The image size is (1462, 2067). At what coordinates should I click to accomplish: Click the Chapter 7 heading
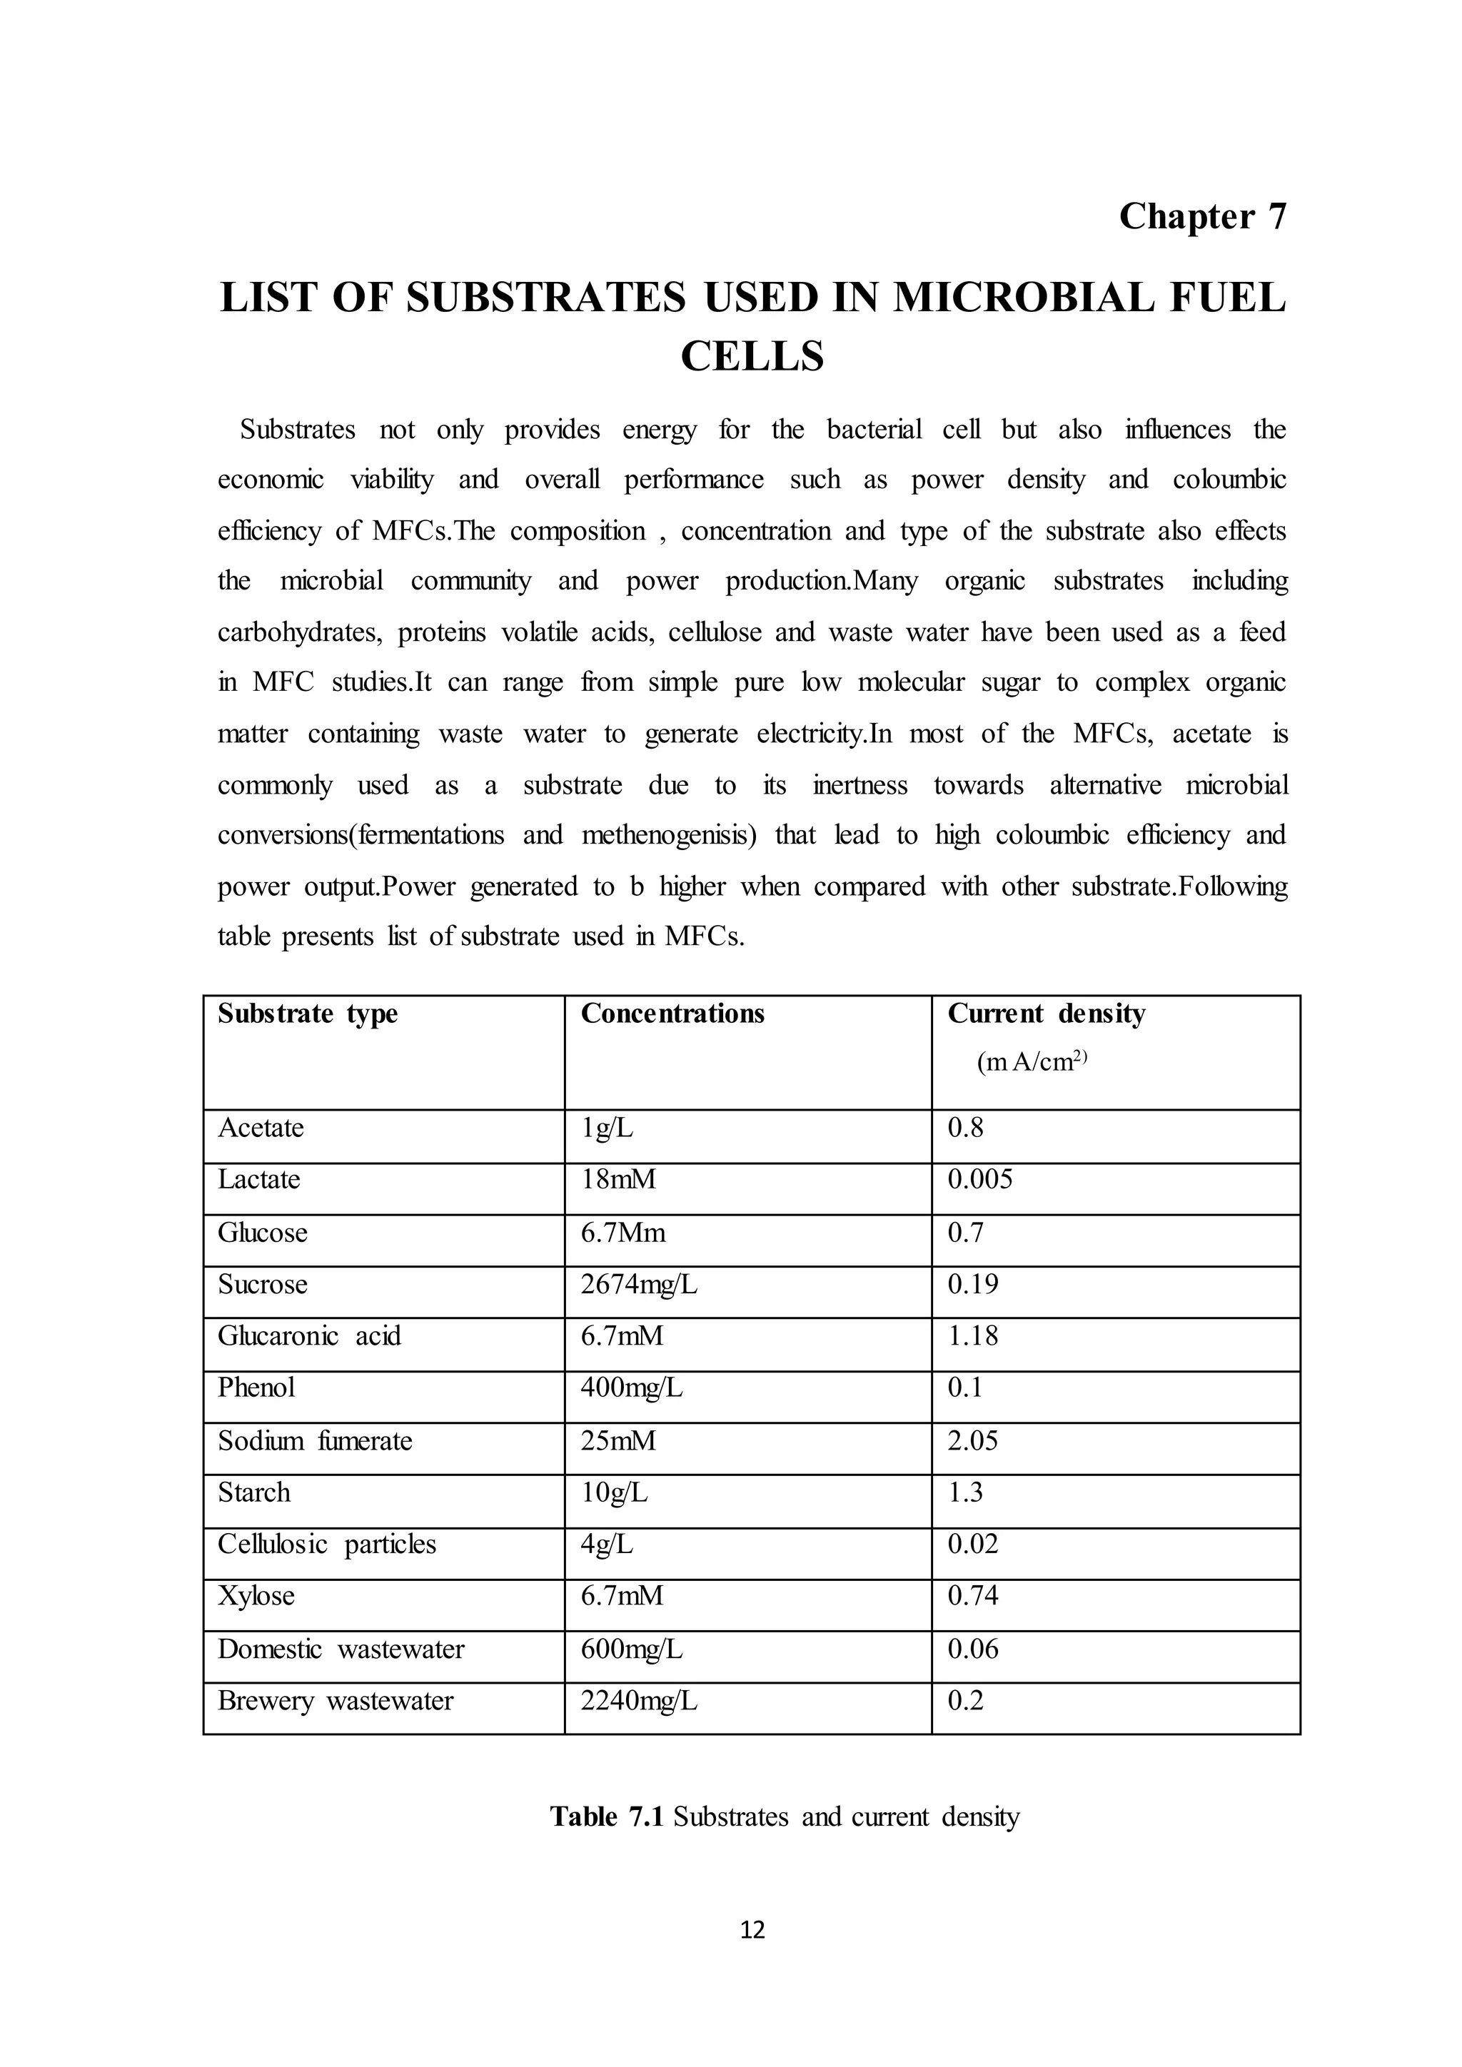click(x=1202, y=217)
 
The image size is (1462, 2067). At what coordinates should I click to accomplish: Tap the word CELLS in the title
click(x=752, y=356)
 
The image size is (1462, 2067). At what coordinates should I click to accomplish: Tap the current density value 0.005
click(x=979, y=1179)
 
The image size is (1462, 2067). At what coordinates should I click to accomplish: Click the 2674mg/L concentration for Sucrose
click(x=638, y=1285)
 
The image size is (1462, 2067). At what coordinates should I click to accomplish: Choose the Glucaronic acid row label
click(x=309, y=1336)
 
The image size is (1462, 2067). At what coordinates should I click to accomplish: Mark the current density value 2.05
click(x=972, y=1441)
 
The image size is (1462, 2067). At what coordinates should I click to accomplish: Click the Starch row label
click(x=254, y=1492)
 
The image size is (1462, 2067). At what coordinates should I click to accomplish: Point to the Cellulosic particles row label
click(x=326, y=1545)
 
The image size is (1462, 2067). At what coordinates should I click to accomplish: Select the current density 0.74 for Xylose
click(x=972, y=1596)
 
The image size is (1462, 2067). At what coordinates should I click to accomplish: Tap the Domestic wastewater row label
click(x=341, y=1649)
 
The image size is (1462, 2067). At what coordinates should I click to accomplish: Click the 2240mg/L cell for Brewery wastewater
click(x=638, y=1701)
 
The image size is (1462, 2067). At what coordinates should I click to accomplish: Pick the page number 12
click(x=752, y=1929)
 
